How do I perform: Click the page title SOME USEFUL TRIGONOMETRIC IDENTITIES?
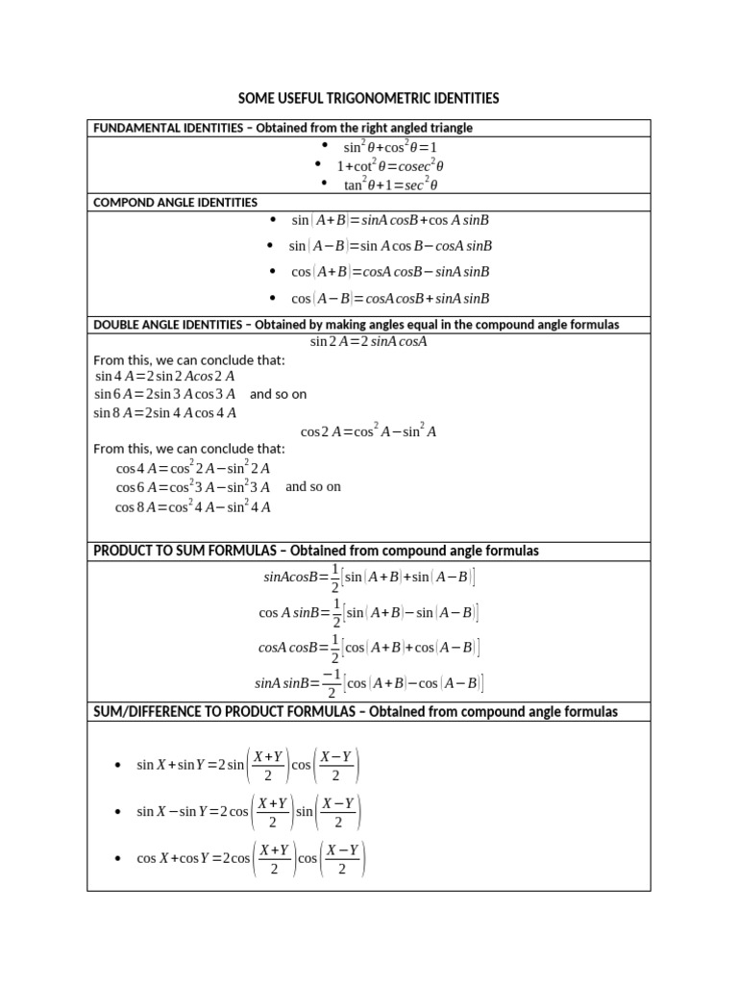pyautogui.click(x=369, y=99)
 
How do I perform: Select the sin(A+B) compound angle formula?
pyautogui.click(x=390, y=220)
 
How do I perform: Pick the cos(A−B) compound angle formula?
pyautogui.click(x=390, y=298)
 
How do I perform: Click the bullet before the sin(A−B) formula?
pyautogui.click(x=272, y=246)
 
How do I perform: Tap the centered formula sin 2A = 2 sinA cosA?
pyautogui.click(x=368, y=341)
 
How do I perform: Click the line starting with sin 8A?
pyautogui.click(x=164, y=412)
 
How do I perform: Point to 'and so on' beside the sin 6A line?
pyautogui.click(x=279, y=394)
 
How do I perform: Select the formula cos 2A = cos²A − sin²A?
pyautogui.click(x=368, y=431)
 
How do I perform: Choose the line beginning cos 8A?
pyautogui.click(x=193, y=506)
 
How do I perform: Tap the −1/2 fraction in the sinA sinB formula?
pyautogui.click(x=332, y=683)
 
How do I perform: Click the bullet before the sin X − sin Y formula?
pyautogui.click(x=117, y=812)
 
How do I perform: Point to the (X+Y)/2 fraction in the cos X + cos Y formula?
pyautogui.click(x=274, y=859)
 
